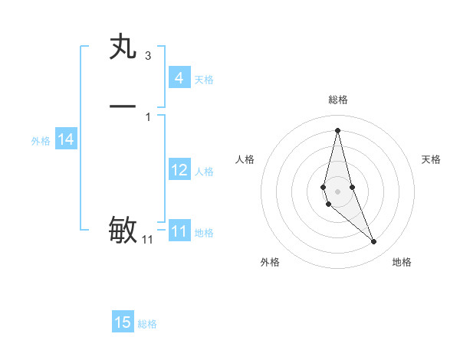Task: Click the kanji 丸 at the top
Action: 123,47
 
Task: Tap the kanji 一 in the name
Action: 123,106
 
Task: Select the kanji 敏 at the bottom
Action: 123,229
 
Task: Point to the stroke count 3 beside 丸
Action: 147,56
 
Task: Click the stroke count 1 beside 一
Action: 147,116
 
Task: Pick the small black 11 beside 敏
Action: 147,240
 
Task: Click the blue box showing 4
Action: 179,77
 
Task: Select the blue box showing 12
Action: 179,170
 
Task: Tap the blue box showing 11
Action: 179,231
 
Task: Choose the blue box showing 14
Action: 66,139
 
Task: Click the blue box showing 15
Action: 123,322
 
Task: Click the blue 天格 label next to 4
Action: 204,80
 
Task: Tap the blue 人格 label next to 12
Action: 204,172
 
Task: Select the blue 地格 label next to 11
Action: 204,233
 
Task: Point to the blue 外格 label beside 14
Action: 41,141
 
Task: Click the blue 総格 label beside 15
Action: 147,324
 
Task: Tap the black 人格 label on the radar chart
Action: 245,159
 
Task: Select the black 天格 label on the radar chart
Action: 431,159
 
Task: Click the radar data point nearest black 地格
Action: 374,242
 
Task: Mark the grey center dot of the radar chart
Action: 337,191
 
